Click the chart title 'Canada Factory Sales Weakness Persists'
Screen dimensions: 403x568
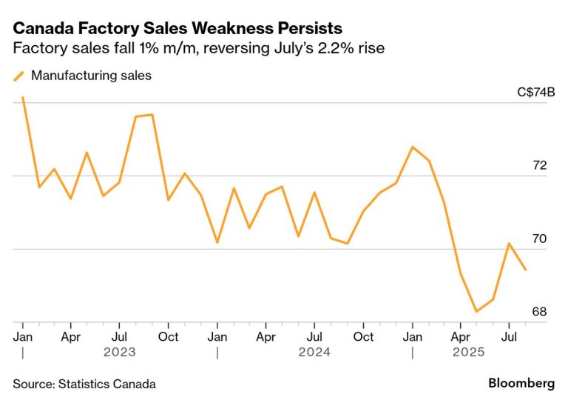(x=177, y=29)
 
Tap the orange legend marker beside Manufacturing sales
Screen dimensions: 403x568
(x=18, y=75)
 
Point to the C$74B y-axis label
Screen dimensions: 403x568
(x=536, y=93)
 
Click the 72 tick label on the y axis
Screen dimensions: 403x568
(x=540, y=165)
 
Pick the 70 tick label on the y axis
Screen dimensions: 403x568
(x=540, y=239)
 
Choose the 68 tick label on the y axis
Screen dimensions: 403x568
(x=540, y=312)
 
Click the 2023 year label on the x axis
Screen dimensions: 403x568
(x=119, y=352)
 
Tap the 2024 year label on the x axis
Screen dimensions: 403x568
(x=314, y=352)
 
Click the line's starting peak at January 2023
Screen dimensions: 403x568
(x=23, y=97)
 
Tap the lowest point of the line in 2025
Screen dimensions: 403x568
(x=476, y=311)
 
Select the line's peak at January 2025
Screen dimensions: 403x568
(x=412, y=147)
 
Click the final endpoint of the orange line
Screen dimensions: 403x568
(x=525, y=270)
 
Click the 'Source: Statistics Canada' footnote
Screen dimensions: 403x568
(x=84, y=384)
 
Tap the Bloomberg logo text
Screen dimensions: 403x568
(x=521, y=384)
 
